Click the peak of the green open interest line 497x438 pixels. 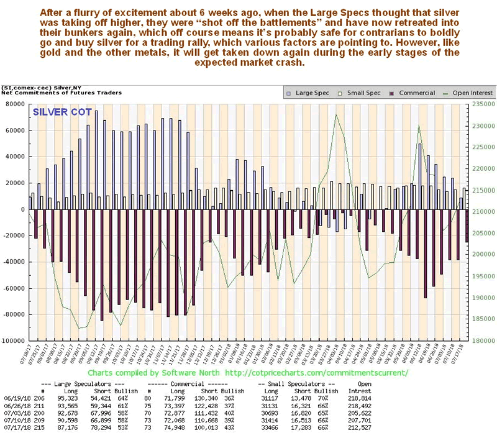(x=336, y=114)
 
